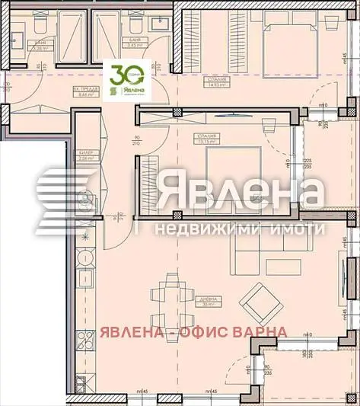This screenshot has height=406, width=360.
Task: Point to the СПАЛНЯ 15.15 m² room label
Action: pyautogui.click(x=206, y=139)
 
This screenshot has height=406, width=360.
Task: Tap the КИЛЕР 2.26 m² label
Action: pyautogui.click(x=85, y=155)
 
